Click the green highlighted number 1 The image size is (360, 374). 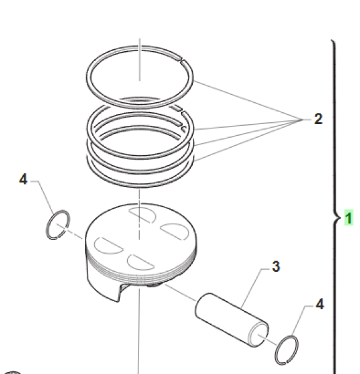pyautogui.click(x=349, y=218)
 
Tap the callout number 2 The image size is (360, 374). pyautogui.click(x=318, y=118)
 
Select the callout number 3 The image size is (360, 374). pyautogui.click(x=275, y=267)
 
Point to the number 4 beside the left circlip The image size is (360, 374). pyautogui.click(x=23, y=180)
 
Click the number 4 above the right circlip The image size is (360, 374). pyautogui.click(x=319, y=304)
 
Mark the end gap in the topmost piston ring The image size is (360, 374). pyautogui.click(x=180, y=61)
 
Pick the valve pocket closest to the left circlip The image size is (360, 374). pyautogui.click(x=102, y=244)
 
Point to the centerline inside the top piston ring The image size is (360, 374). pyautogui.click(x=140, y=62)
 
